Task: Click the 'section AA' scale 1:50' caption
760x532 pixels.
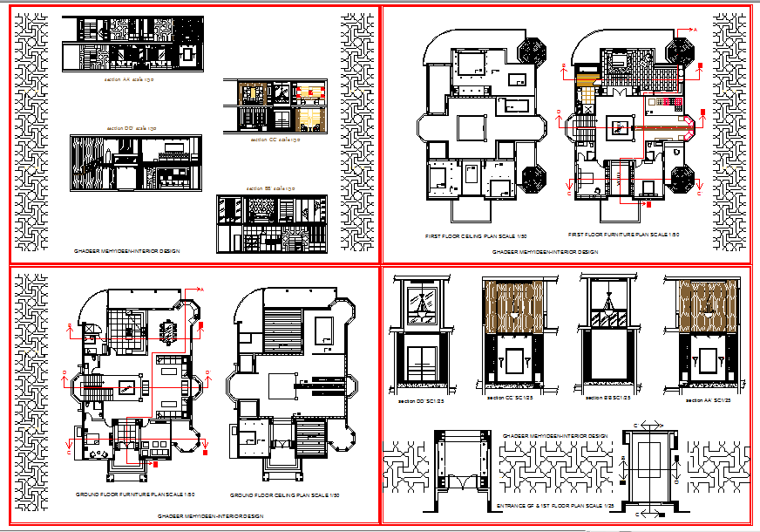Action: point(129,79)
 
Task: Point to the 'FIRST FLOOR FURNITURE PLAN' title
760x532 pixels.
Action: point(623,235)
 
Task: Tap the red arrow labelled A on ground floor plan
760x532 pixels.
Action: point(195,289)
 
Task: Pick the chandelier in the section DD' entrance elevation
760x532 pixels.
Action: point(423,304)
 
